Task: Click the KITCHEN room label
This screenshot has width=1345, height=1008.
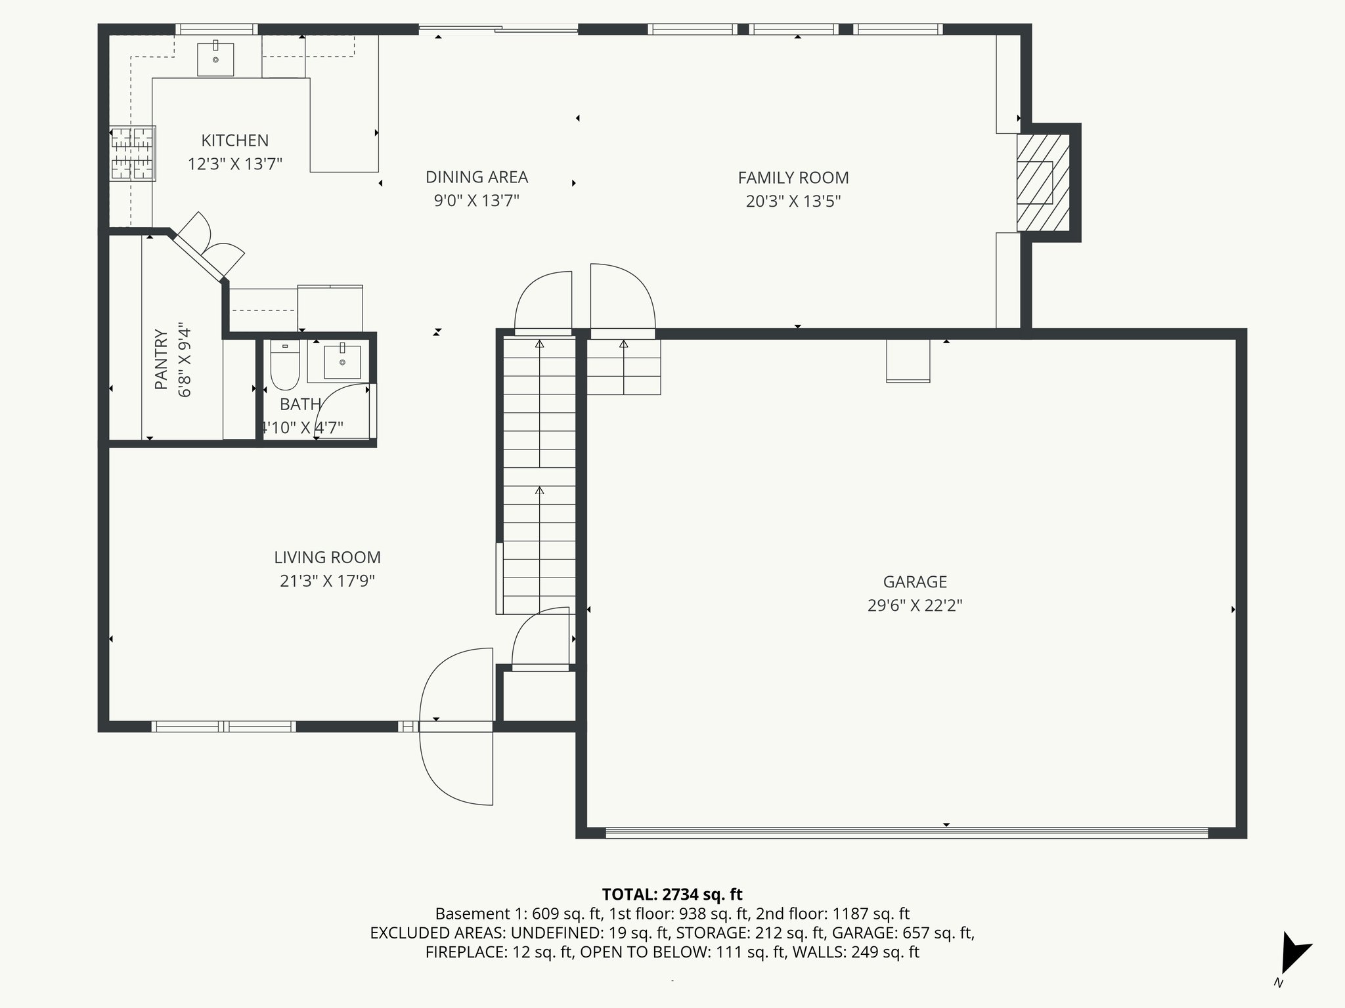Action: [234, 140]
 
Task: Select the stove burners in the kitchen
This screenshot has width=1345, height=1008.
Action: [133, 154]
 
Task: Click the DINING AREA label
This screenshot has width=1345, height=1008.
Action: [476, 177]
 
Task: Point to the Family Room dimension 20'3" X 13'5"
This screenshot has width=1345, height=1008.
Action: [793, 201]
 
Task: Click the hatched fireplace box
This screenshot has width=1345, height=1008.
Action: [1042, 182]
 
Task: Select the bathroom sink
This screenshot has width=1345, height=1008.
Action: [342, 362]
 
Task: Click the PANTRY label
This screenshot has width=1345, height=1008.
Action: [162, 359]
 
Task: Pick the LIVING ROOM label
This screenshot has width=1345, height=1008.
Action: [327, 557]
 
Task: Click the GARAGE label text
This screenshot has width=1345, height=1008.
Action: [914, 581]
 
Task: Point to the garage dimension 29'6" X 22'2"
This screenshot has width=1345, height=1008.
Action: [914, 605]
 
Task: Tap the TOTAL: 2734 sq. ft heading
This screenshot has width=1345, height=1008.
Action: [672, 894]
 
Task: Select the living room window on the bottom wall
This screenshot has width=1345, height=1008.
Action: [223, 726]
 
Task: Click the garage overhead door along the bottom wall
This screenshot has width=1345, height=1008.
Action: [906, 832]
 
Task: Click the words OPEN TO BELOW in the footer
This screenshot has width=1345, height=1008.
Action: [628, 952]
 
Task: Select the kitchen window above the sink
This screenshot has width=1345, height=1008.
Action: [217, 29]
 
